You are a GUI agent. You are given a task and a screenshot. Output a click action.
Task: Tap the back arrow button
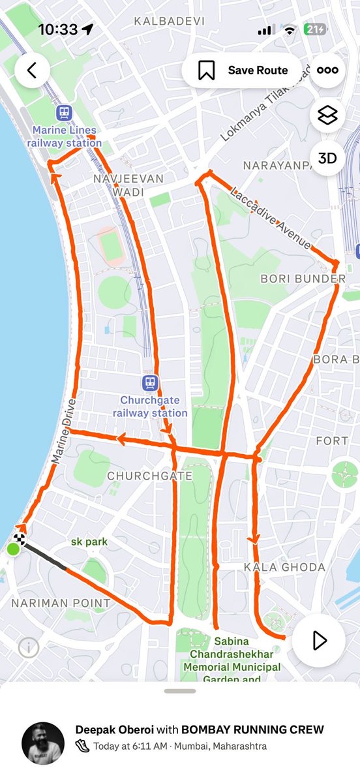(32, 70)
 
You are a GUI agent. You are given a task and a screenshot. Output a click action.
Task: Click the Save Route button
(243, 70)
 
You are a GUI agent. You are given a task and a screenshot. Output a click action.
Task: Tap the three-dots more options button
(327, 70)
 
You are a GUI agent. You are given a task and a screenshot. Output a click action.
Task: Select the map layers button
(327, 115)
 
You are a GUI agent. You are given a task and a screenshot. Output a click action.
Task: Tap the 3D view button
(327, 158)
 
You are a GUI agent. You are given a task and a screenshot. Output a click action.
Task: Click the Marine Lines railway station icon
(64, 113)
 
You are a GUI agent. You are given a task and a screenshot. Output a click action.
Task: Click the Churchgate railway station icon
(151, 382)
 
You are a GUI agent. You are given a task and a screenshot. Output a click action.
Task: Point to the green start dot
(13, 550)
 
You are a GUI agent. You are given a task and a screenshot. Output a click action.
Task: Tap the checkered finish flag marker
(20, 539)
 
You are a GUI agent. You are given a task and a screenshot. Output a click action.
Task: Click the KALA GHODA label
(284, 567)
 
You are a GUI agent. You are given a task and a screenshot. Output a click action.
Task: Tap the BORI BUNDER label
(303, 279)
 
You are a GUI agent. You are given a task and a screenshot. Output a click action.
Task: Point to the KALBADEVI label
(169, 22)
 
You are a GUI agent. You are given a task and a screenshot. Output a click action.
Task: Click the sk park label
(89, 542)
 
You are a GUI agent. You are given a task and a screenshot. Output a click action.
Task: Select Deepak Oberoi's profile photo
(42, 743)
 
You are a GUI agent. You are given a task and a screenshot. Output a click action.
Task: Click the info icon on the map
(28, 647)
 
